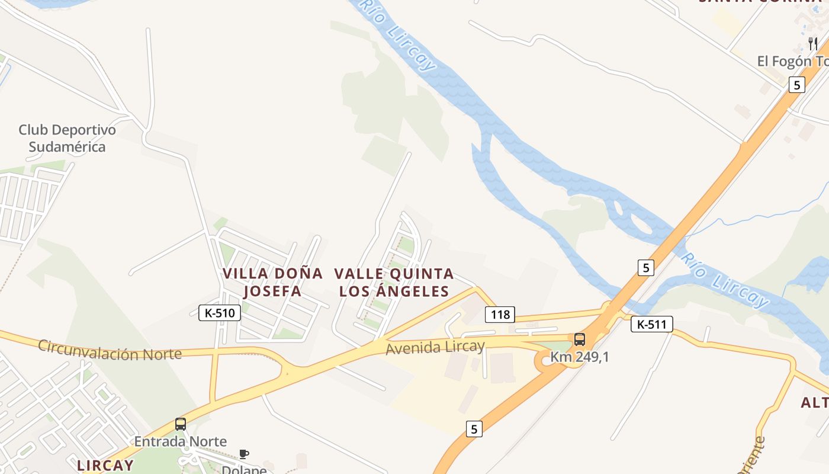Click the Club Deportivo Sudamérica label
[x=67, y=138]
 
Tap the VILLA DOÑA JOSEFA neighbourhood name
[x=272, y=282]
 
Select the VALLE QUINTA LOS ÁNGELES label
[x=394, y=282]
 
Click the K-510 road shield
[x=220, y=313]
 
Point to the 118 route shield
[x=500, y=314]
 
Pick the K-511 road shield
[x=651, y=324]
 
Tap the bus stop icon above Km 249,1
[x=580, y=340]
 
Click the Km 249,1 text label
[x=579, y=357]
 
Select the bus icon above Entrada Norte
[x=181, y=424]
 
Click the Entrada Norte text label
[x=180, y=441]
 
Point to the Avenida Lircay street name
[x=435, y=347]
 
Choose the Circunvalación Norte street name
[x=110, y=350]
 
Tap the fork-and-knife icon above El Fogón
[x=812, y=43]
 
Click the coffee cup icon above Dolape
[x=243, y=454]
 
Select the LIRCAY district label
[x=105, y=465]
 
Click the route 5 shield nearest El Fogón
[x=796, y=85]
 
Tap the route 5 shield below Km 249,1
[x=473, y=428]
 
